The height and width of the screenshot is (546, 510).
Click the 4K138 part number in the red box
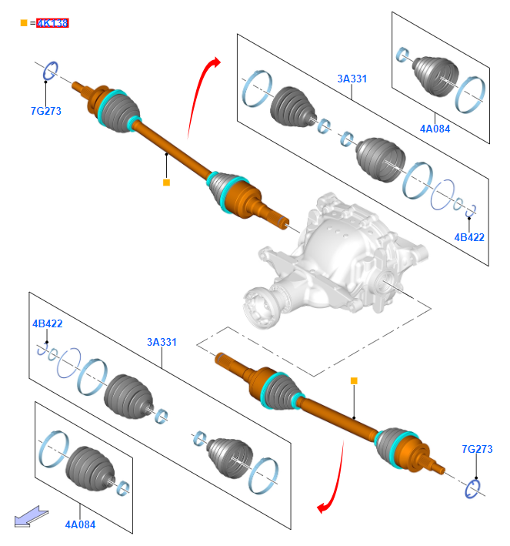click(x=53, y=23)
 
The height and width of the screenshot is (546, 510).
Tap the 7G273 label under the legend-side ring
click(x=46, y=111)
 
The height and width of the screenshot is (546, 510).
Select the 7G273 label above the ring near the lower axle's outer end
click(x=477, y=449)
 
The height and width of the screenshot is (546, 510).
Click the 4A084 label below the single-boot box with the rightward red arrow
click(x=435, y=129)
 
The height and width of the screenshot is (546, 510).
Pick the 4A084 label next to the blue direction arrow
click(x=81, y=524)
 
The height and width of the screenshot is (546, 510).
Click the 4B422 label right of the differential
click(x=469, y=237)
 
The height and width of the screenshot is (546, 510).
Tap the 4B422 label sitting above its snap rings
click(x=47, y=323)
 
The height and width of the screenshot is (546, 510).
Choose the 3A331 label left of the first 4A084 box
click(x=352, y=78)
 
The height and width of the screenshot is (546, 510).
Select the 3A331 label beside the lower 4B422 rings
click(x=162, y=342)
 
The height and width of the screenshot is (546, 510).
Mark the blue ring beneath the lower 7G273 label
click(x=474, y=487)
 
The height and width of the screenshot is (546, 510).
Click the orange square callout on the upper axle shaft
click(x=165, y=183)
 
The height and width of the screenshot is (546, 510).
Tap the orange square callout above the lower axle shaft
click(x=354, y=380)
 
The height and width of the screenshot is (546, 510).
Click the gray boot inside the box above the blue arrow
click(x=88, y=465)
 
